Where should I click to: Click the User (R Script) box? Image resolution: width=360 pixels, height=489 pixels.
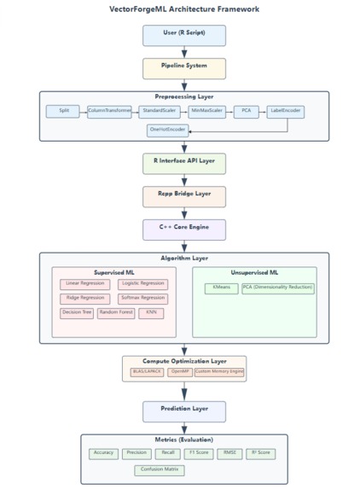click(x=183, y=35)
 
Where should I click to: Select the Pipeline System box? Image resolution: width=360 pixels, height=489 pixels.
click(x=183, y=68)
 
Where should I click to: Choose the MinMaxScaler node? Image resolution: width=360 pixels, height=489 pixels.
click(x=206, y=111)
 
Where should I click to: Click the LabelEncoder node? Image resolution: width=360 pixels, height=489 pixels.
click(x=285, y=111)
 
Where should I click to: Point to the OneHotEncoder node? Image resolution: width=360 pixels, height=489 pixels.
click(x=167, y=130)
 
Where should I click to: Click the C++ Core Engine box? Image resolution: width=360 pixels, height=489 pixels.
click(x=183, y=230)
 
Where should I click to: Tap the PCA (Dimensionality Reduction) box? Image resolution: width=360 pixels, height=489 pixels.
click(x=278, y=288)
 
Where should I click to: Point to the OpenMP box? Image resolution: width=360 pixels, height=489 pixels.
click(x=180, y=372)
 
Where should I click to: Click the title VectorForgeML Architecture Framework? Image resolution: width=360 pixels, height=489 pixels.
click(x=183, y=9)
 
